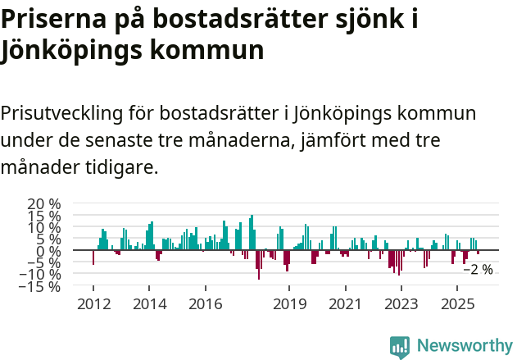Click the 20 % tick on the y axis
(x=43, y=203)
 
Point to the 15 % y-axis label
(x=43, y=215)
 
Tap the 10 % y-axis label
(x=43, y=227)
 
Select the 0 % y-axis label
(x=47, y=251)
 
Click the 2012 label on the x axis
(x=93, y=304)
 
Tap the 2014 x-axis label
(x=149, y=304)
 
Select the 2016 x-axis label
(x=205, y=304)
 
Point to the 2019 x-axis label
(x=288, y=304)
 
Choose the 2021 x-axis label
(x=345, y=304)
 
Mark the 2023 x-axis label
(x=401, y=304)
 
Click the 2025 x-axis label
(x=456, y=304)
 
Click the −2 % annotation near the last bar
(x=478, y=269)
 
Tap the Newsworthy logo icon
(x=400, y=347)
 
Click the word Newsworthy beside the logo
(x=464, y=347)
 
